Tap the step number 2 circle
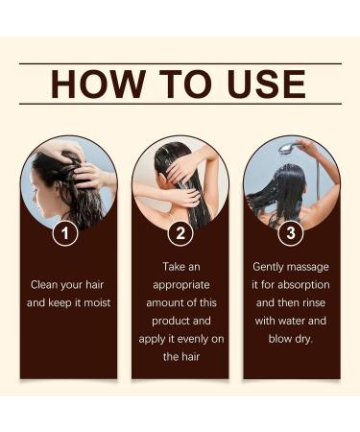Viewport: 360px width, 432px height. [180, 232]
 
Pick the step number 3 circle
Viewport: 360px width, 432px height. [291, 232]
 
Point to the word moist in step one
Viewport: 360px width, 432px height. [97, 303]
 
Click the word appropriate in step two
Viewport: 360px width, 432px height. [180, 285]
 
